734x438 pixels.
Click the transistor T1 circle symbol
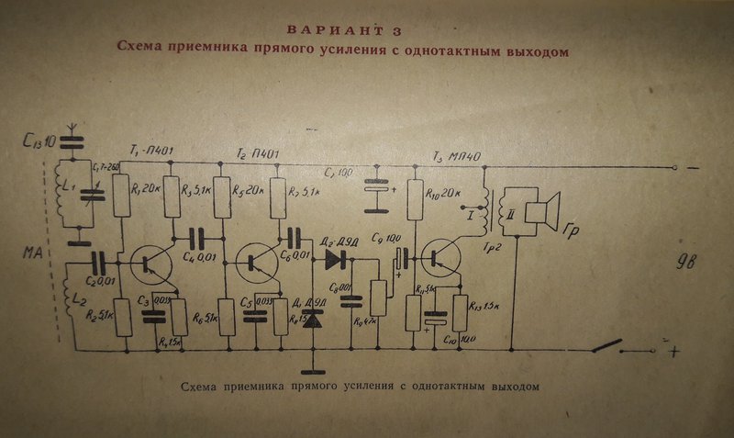point(149,264)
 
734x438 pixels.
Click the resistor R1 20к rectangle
point(122,195)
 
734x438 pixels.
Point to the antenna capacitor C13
point(74,142)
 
